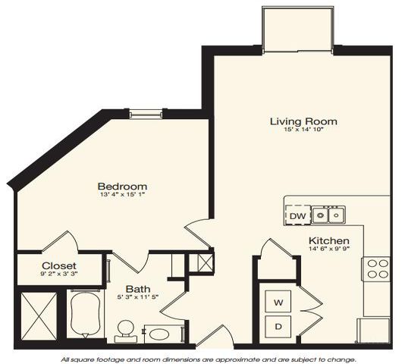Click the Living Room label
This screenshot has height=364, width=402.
tap(303, 121)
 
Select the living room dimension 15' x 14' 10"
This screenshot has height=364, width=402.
tap(303, 131)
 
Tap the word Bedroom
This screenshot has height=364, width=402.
tap(122, 187)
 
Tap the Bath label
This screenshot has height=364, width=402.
tap(137, 288)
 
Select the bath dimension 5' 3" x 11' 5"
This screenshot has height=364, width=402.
tap(137, 298)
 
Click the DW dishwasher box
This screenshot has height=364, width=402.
tap(298, 215)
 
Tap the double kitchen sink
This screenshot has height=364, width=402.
tap(330, 215)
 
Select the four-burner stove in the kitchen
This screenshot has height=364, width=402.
tap(376, 269)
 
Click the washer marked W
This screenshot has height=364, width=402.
tap(278, 302)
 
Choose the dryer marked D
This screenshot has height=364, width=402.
tap(278, 328)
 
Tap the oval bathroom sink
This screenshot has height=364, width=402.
tap(159, 333)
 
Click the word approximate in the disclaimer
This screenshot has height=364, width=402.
tap(221, 359)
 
